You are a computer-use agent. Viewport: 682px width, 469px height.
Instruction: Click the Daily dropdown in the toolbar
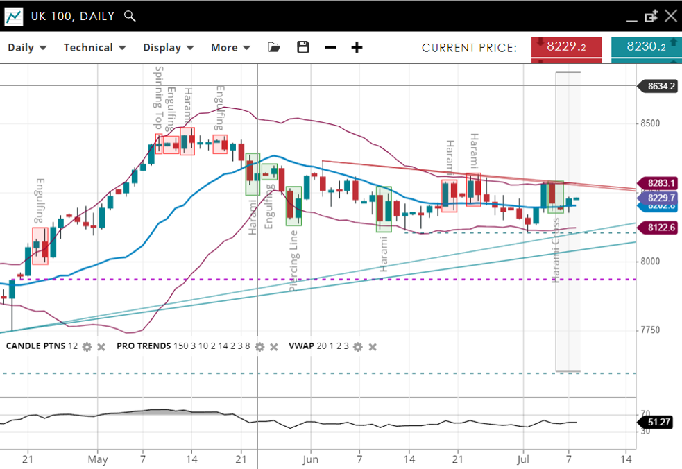[27, 48]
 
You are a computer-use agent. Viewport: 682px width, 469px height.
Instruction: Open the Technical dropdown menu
[94, 48]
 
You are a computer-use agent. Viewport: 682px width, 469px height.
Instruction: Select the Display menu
[169, 48]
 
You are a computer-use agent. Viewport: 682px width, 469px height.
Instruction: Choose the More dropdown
[230, 48]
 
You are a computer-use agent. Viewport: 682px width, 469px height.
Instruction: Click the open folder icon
[274, 48]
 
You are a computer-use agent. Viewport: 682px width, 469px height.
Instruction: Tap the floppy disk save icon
[302, 48]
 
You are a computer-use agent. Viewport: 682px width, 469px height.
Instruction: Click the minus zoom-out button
[330, 48]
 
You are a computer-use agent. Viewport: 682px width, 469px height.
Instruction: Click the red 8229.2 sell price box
[567, 47]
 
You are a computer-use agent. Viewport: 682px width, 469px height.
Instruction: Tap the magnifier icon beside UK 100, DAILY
[129, 16]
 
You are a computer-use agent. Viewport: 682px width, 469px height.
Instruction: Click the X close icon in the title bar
[670, 16]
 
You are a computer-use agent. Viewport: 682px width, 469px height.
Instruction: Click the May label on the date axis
[98, 459]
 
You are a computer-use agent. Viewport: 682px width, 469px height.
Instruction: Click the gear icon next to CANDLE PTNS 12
[87, 346]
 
